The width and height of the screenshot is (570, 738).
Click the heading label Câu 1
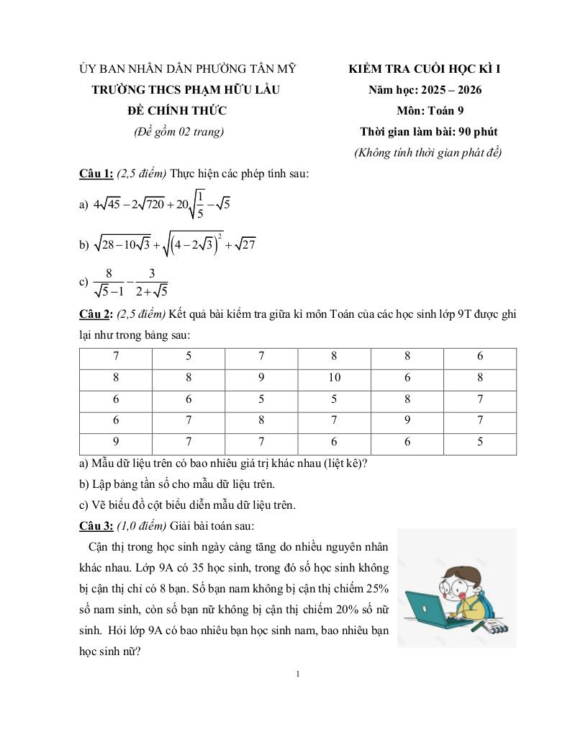pos(96,174)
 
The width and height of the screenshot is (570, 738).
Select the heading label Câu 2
pos(96,314)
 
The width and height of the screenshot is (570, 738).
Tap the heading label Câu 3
pos(96,525)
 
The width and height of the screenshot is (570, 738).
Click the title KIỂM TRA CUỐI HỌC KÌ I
pos(425,69)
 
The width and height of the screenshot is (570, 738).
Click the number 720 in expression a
pos(152,205)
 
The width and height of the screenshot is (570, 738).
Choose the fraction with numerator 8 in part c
pos(109,283)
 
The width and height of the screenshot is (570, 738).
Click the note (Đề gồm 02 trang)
pos(178,132)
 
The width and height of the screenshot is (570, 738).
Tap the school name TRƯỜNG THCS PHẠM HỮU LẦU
pos(186,90)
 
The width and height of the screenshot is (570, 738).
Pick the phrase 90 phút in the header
pos(478,132)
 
